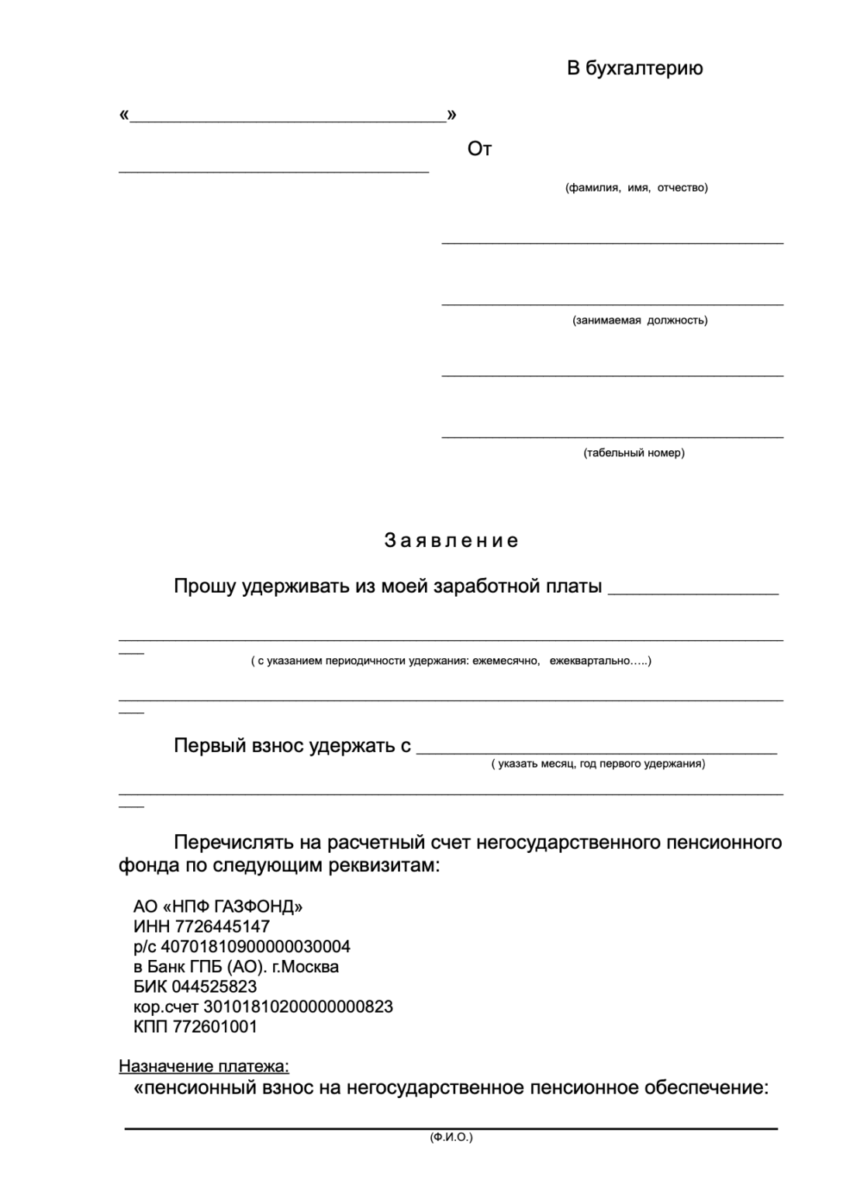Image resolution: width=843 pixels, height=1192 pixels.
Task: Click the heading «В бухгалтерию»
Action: pyautogui.click(x=634, y=69)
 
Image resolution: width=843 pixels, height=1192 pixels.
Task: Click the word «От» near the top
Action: pyautogui.click(x=479, y=149)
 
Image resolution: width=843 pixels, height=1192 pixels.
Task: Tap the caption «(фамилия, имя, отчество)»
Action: pyautogui.click(x=636, y=188)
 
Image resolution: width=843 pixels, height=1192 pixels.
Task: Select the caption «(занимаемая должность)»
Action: pyautogui.click(x=640, y=321)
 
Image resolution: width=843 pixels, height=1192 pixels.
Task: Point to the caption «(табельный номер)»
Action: pyautogui.click(x=634, y=453)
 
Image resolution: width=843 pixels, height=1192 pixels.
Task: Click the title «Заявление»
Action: pyautogui.click(x=451, y=541)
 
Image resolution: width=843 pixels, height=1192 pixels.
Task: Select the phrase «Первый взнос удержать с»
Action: pyautogui.click(x=292, y=747)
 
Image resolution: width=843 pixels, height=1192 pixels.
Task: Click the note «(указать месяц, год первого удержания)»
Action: pyautogui.click(x=598, y=764)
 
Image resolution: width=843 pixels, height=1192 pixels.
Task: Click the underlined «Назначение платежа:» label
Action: pyautogui.click(x=204, y=1067)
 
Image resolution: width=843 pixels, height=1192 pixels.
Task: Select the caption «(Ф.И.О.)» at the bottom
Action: pyautogui.click(x=451, y=1138)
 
